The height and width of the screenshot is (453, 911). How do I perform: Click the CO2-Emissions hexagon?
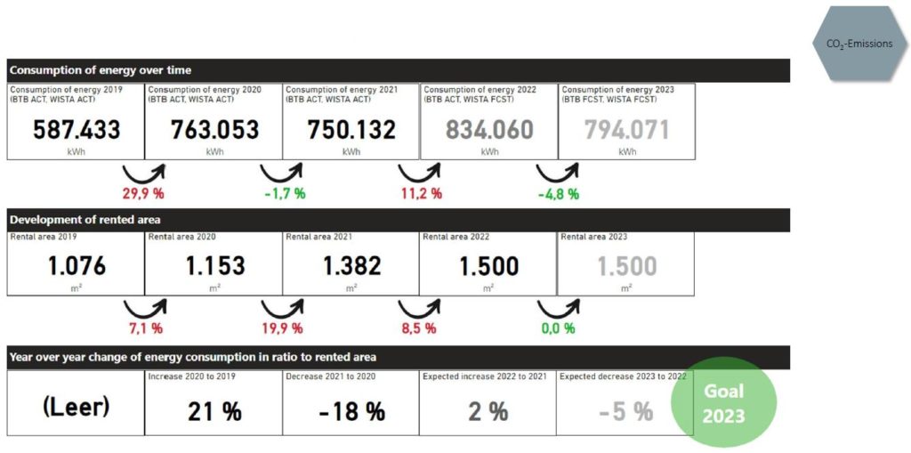tap(858, 44)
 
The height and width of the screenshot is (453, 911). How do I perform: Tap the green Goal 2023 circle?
tap(724, 403)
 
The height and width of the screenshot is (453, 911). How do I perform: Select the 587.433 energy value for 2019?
tap(77, 130)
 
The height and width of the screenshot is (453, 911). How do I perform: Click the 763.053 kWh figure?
tap(214, 130)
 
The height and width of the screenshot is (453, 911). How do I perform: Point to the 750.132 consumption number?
tap(351, 130)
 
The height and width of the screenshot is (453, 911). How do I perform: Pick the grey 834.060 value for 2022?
tap(489, 130)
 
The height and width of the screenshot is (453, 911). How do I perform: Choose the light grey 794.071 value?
tap(627, 130)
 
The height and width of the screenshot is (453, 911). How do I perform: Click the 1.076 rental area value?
tap(77, 266)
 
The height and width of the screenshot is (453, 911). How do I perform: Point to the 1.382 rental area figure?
tap(351, 266)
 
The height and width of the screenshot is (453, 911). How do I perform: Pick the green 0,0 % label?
tap(557, 328)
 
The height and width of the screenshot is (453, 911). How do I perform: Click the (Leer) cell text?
tap(76, 408)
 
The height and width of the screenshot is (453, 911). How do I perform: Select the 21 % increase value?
tap(214, 412)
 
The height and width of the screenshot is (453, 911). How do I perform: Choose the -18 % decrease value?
tap(352, 412)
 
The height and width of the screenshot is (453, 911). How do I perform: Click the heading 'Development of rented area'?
tap(85, 219)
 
